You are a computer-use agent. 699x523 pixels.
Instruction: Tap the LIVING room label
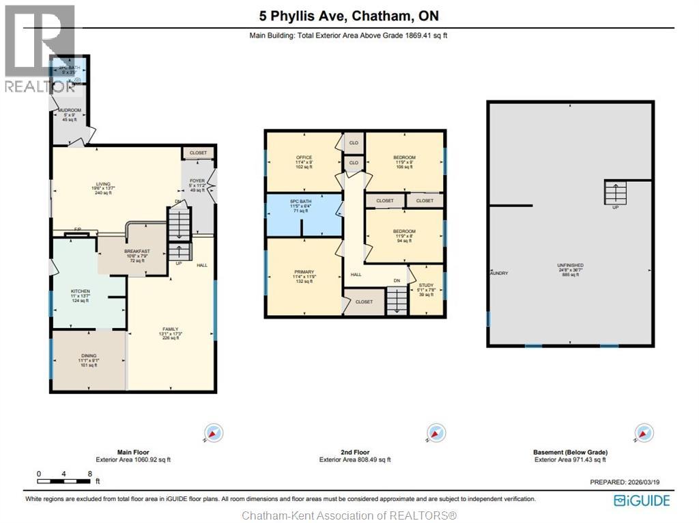pos(103,184)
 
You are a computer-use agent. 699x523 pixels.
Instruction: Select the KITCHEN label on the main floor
pos(81,291)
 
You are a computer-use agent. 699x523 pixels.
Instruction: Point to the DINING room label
pos(89,356)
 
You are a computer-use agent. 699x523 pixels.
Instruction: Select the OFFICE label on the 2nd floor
pos(304,158)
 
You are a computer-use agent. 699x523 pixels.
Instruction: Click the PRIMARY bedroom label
pos(304,271)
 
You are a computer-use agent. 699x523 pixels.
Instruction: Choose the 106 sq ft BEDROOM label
pos(404,158)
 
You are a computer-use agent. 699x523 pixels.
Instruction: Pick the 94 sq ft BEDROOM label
pos(404,231)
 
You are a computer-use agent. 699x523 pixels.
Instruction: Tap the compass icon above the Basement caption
pos(642,433)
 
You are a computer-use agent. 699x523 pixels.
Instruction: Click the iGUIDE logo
pos(642,500)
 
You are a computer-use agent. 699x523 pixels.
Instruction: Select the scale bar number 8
pos(89,474)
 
